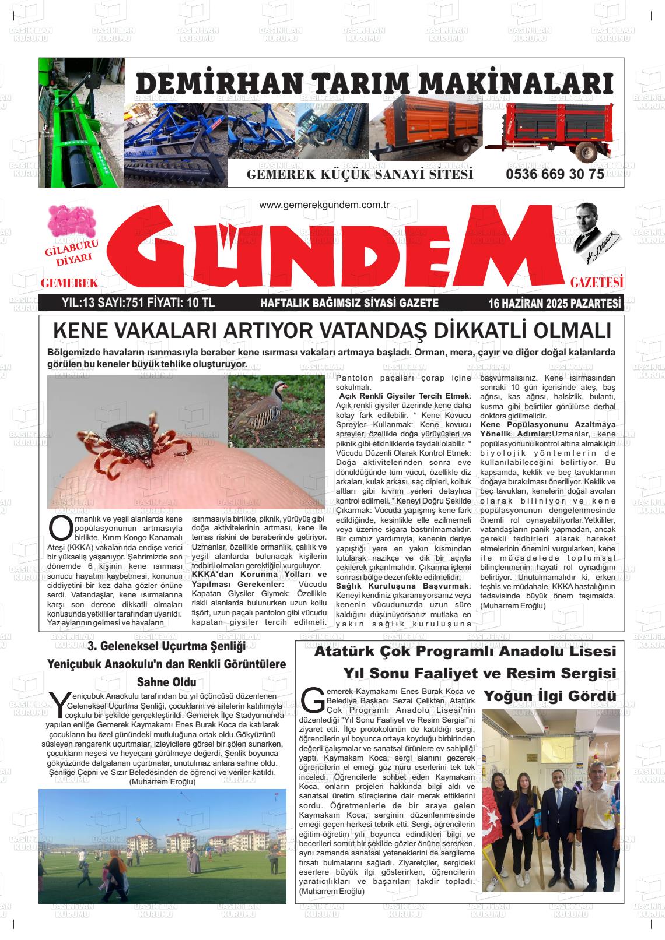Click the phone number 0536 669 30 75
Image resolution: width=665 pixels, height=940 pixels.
[555, 175]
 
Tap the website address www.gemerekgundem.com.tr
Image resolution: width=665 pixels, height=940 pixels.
[324, 205]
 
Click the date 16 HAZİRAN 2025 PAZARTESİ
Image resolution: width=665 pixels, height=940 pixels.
[554, 303]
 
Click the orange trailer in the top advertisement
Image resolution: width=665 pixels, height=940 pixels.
[429, 128]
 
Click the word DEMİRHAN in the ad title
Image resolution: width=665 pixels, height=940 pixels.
[209, 85]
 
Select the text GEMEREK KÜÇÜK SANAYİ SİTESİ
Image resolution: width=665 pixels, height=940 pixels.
[360, 175]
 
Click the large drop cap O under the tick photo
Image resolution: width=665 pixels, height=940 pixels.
[61, 527]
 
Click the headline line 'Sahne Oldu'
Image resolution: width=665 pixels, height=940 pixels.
[166, 682]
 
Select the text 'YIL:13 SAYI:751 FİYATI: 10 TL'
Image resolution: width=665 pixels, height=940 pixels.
[138, 303]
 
